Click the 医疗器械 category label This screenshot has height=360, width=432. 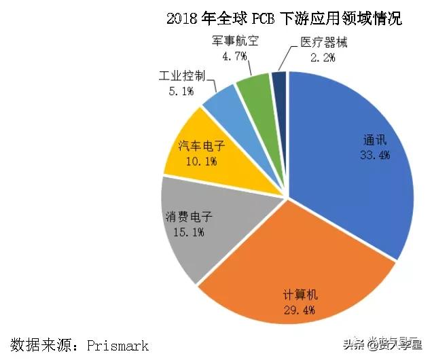coord(323,42)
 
